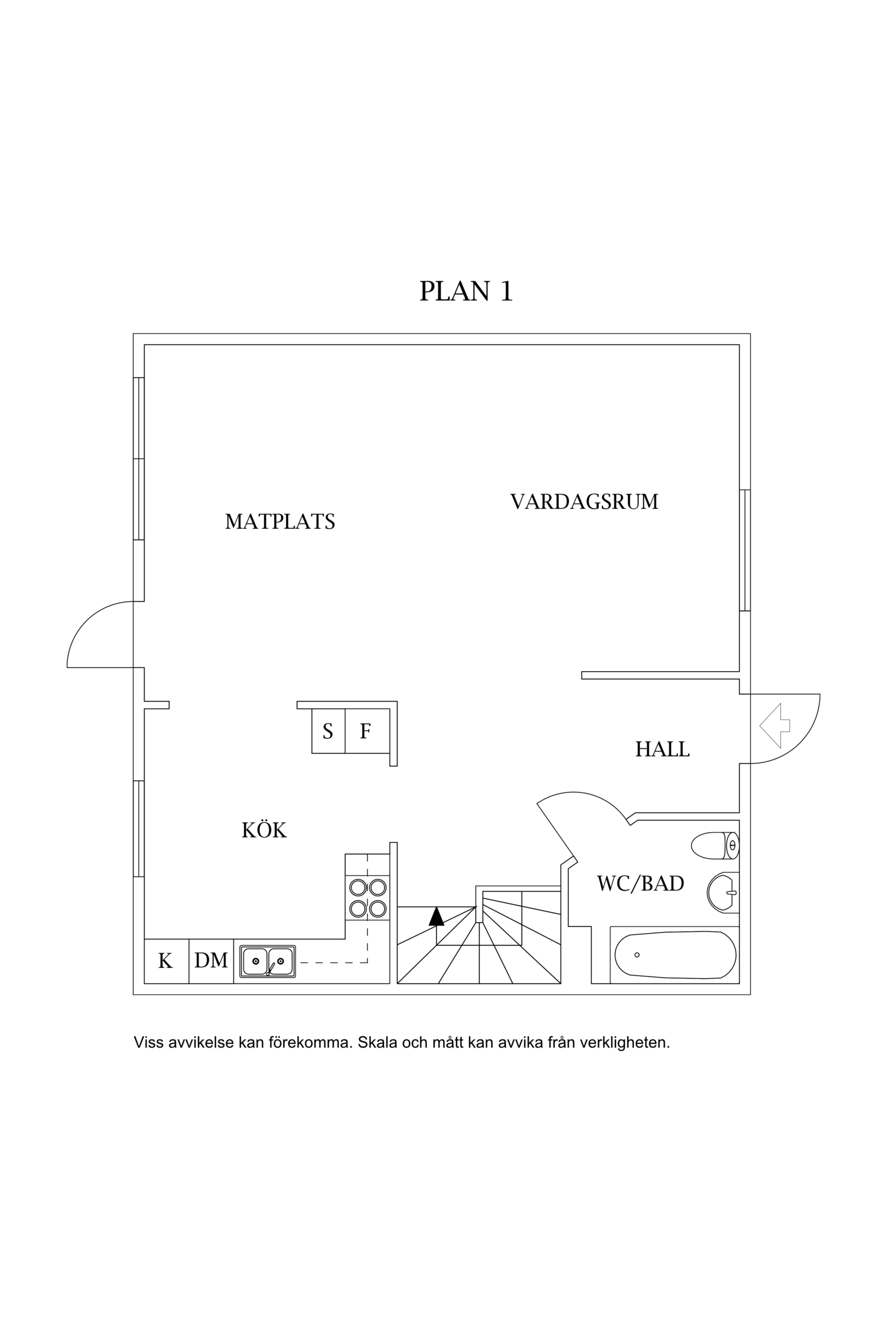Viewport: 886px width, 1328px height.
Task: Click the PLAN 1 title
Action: click(x=465, y=291)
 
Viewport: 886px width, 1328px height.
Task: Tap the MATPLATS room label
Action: click(x=280, y=522)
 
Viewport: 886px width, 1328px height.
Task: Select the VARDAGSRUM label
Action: click(x=584, y=502)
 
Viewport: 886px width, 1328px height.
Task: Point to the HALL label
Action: click(x=662, y=750)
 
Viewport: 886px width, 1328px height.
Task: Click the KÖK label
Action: click(x=264, y=831)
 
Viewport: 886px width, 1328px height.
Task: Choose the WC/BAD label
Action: click(x=640, y=884)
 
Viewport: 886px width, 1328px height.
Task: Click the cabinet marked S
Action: click(x=328, y=732)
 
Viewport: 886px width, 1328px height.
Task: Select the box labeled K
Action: click(x=166, y=961)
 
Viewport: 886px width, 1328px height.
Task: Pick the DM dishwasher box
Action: click(x=211, y=961)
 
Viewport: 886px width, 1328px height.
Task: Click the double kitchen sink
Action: click(x=268, y=961)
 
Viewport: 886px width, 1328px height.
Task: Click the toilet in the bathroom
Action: click(x=714, y=846)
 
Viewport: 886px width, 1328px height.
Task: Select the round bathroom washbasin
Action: click(x=722, y=893)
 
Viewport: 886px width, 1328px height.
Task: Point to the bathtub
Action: click(x=675, y=955)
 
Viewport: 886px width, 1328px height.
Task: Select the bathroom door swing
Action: click(x=582, y=812)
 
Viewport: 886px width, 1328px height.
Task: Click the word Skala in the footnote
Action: click(x=377, y=1042)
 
